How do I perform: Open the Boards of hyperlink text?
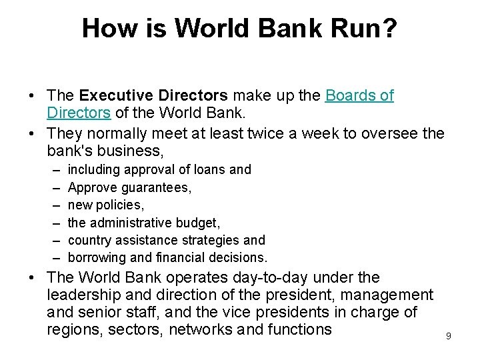(359, 95)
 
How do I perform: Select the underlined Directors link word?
(79, 113)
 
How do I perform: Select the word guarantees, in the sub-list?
(159, 187)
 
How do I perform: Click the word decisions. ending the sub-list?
(237, 257)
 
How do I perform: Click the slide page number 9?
(448, 337)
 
